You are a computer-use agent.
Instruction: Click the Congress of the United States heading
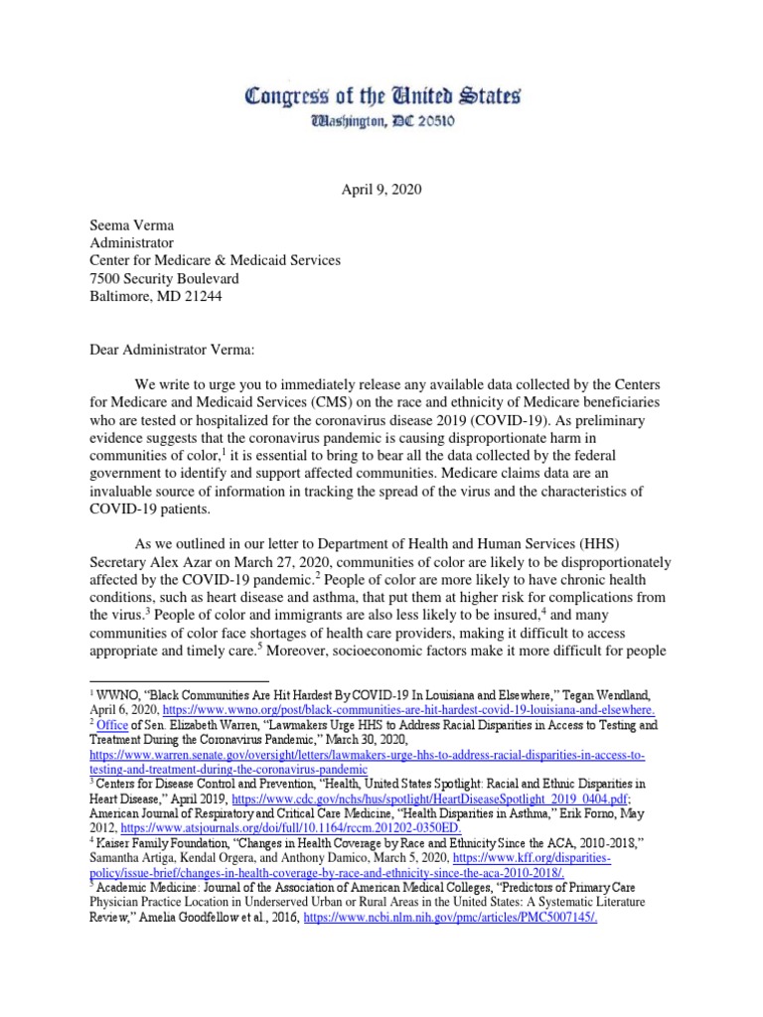click(x=381, y=97)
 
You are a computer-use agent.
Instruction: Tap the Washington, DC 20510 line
click(x=382, y=124)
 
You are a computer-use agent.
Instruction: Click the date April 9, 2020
click(x=382, y=189)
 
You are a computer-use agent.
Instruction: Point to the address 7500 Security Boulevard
click(x=164, y=278)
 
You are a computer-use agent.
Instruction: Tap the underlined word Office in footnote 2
click(x=106, y=725)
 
